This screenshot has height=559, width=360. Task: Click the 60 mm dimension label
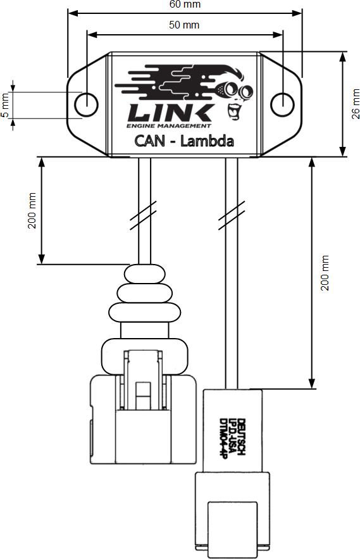pos(185,4)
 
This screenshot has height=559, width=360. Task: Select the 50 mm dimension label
pos(184,25)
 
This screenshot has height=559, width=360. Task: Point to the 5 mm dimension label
pos(5,105)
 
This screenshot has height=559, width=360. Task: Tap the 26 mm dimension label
pos(356,104)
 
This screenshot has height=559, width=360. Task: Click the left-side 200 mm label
pos(32,210)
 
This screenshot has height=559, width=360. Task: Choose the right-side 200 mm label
pos(325,273)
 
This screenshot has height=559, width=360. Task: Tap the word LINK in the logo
pos(171,113)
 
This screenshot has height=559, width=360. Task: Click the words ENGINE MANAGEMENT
pos(168,126)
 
